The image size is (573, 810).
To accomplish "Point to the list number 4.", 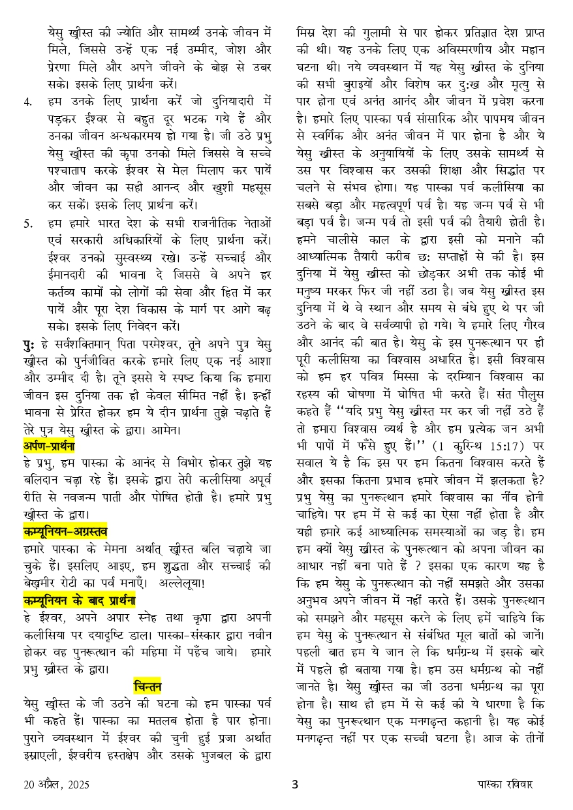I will coord(27,102).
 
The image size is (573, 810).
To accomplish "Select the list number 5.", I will coord(27,224).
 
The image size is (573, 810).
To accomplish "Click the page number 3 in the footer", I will coord(294,784).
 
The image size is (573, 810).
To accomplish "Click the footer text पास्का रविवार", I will coord(504,784).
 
